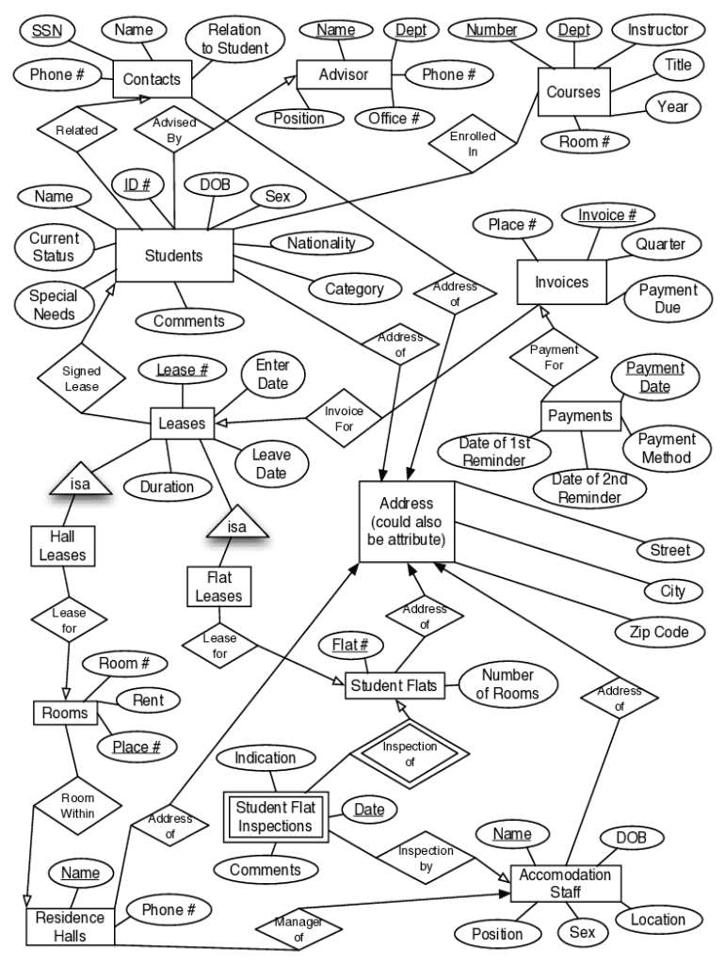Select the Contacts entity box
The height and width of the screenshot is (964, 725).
pos(152,79)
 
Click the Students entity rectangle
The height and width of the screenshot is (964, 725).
pos(174,255)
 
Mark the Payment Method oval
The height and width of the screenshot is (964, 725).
pos(666,448)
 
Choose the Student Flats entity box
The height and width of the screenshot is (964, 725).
pos(395,685)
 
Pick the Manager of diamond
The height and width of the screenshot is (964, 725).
pos(299,930)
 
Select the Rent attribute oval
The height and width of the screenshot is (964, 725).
pos(147,699)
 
